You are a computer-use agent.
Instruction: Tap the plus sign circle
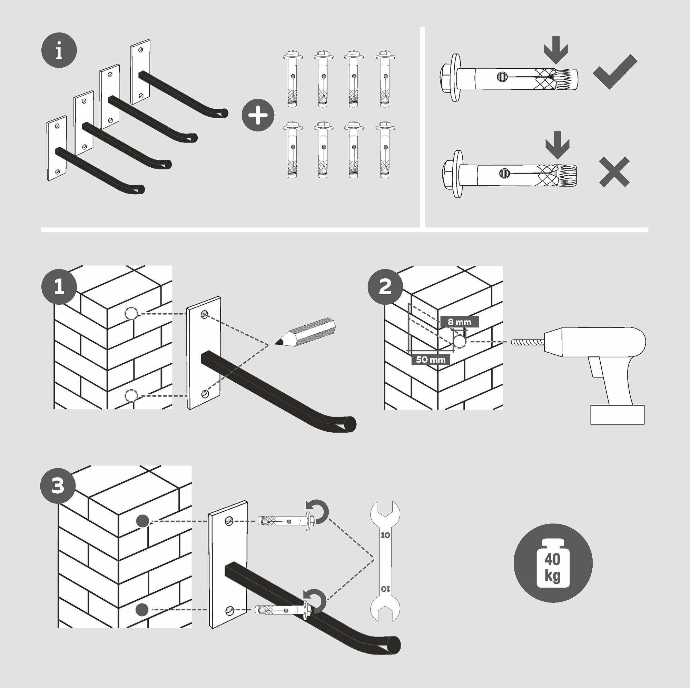click(x=258, y=115)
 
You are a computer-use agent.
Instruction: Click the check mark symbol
click(x=615, y=71)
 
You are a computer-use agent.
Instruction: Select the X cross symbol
click(x=614, y=171)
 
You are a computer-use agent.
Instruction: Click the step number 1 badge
click(x=59, y=287)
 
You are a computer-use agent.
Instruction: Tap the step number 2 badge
click(x=385, y=287)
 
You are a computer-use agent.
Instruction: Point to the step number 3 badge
click(x=58, y=486)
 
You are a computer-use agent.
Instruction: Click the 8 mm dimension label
click(x=459, y=322)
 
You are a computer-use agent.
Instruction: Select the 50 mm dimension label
click(x=431, y=360)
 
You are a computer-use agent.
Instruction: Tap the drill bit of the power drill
click(x=528, y=342)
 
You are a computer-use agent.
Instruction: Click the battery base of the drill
click(x=618, y=414)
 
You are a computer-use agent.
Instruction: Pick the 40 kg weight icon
click(x=553, y=563)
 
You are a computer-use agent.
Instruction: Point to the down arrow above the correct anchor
click(x=556, y=50)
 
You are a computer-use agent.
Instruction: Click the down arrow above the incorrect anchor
click(x=558, y=145)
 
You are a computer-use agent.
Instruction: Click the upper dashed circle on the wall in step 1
click(x=131, y=314)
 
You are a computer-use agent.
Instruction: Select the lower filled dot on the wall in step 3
click(x=142, y=609)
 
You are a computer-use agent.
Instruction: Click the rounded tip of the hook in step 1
click(x=351, y=424)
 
